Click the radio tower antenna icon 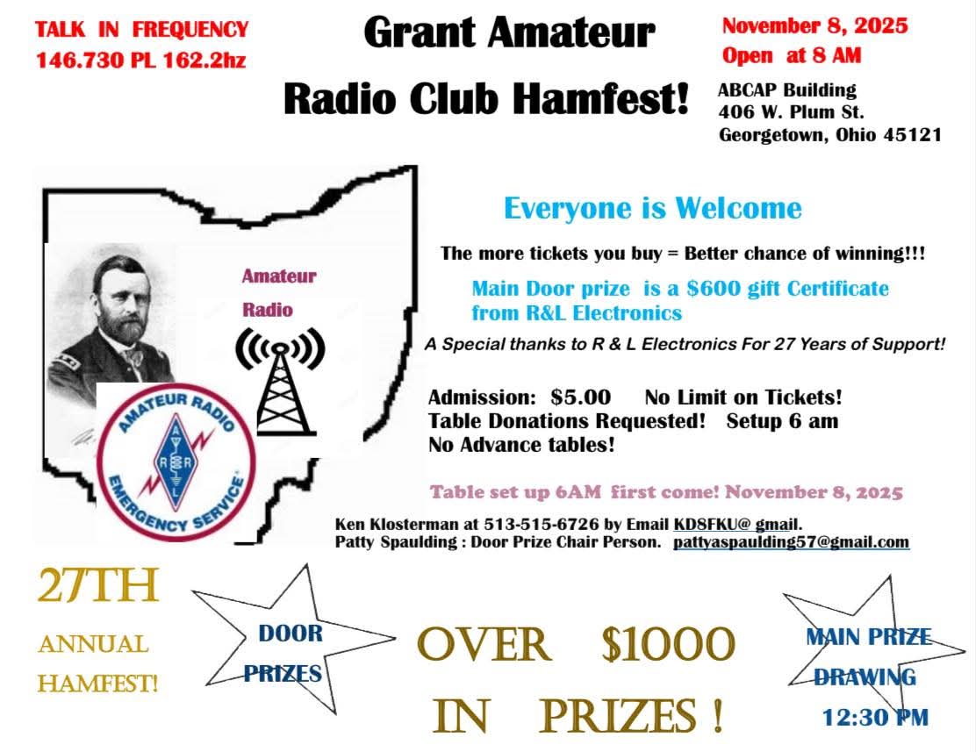tap(280, 378)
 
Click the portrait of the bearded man tap(114, 316)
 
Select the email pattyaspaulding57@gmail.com tap(791, 542)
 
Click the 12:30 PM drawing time tap(874, 718)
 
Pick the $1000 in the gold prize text tap(667, 646)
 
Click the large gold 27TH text tap(98, 588)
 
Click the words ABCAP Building tap(786, 90)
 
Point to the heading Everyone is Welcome tap(652, 209)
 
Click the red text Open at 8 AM tap(792, 55)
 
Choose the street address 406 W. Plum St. tap(791, 112)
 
